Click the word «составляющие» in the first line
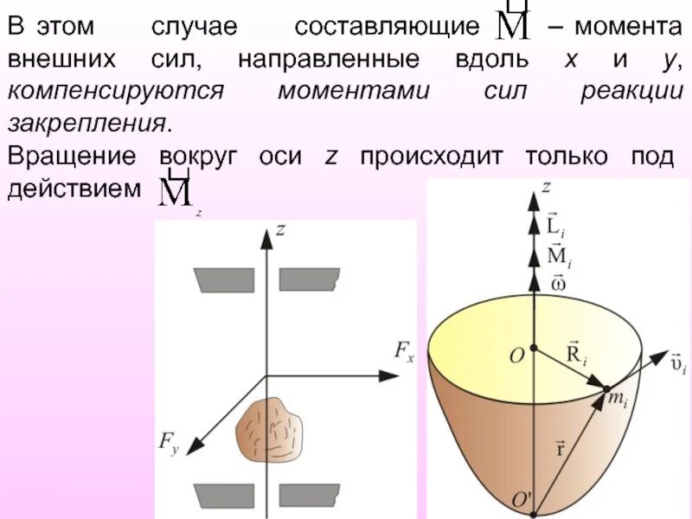386,27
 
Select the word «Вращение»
71,157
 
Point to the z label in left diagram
279,229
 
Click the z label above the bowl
545,185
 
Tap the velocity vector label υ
677,362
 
